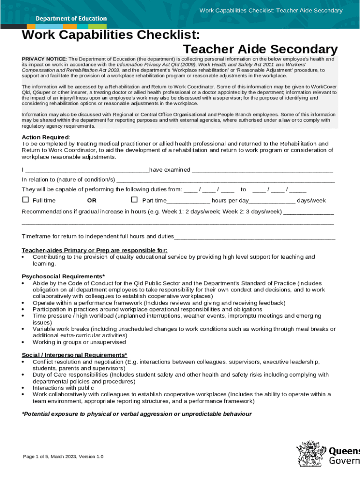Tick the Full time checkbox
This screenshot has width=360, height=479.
pyautogui.click(x=26, y=200)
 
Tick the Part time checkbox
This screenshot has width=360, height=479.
pyautogui.click(x=134, y=200)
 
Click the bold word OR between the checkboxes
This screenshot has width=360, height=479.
pyautogui.click(x=92, y=201)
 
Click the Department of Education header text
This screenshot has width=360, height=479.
pyautogui.click(x=71, y=19)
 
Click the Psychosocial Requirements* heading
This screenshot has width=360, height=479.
pyautogui.click(x=63, y=276)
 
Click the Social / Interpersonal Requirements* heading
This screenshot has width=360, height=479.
pyautogui.click(x=74, y=355)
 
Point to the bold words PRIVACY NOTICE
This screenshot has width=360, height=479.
pyautogui.click(x=44, y=59)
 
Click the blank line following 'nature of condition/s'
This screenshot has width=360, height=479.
pyautogui.click(x=225, y=181)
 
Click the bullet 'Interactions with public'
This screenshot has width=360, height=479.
pyautogui.click(x=63, y=388)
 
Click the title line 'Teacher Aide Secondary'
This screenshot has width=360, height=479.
pyautogui.click(x=260, y=49)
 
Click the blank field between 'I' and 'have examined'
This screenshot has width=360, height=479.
pyautogui.click(x=86, y=170)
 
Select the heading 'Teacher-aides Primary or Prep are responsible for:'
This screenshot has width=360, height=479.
pyautogui.click(x=94, y=250)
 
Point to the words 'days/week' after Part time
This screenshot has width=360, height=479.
pyautogui.click(x=311, y=201)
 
